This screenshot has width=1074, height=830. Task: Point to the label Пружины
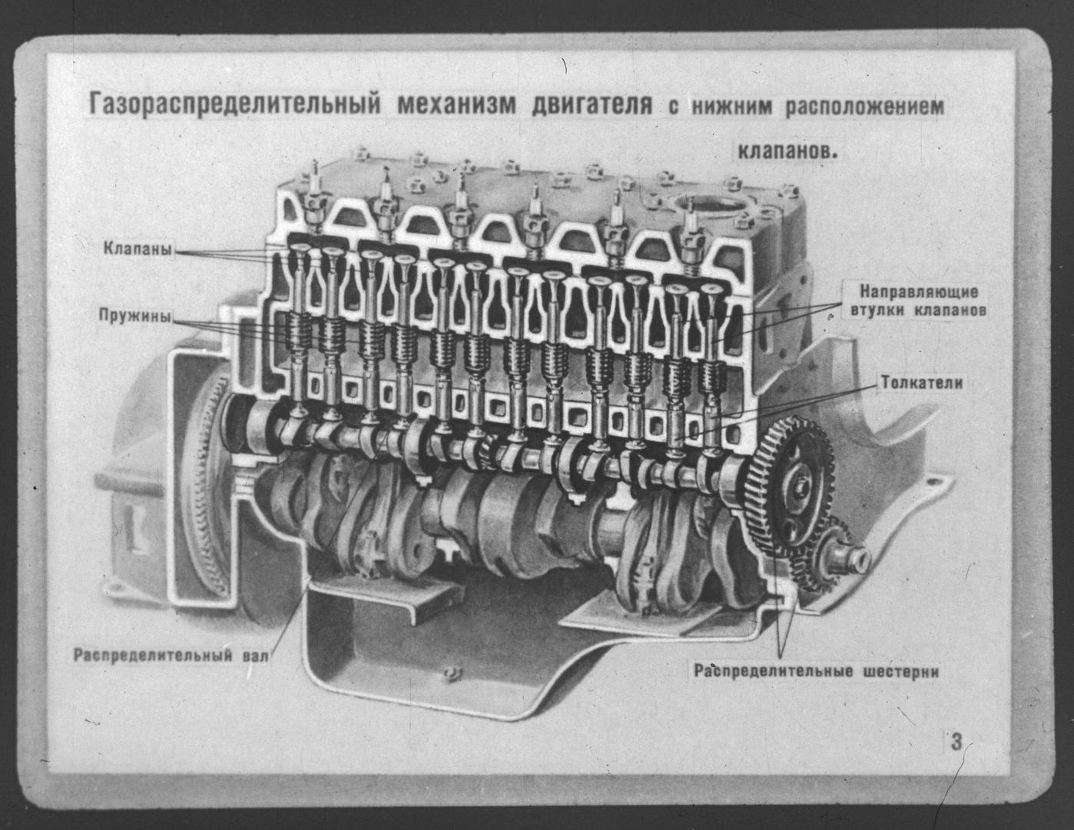point(134,315)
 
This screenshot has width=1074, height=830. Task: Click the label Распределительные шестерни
point(817,671)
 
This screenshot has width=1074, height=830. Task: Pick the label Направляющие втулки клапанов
point(918,302)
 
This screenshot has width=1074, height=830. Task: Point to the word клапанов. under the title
point(787,151)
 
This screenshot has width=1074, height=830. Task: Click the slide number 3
point(956,743)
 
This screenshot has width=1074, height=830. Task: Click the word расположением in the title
point(863,107)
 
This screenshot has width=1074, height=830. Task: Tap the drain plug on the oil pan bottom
point(452,673)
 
